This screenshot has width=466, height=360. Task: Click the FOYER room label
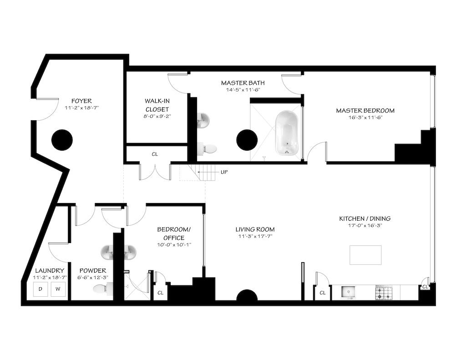click(x=81, y=101)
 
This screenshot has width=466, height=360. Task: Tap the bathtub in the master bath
click(x=287, y=132)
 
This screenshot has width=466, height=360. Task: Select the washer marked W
click(x=58, y=289)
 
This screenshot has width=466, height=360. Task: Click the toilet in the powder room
click(x=102, y=288)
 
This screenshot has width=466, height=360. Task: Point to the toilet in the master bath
click(x=208, y=148)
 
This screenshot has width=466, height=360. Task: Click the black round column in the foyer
click(x=62, y=140)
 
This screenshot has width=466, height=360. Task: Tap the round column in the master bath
click(x=247, y=140)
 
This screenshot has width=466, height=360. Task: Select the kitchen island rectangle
click(x=365, y=255)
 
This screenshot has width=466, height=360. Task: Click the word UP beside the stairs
click(x=224, y=172)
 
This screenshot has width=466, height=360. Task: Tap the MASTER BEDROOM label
click(x=365, y=111)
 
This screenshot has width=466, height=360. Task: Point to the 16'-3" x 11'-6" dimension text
click(x=365, y=117)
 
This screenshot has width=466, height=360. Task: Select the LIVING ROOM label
click(x=255, y=229)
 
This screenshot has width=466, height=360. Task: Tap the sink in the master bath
click(x=203, y=121)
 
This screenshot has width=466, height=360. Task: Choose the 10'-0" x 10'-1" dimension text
click(x=171, y=245)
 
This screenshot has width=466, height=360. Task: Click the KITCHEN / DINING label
click(x=365, y=218)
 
